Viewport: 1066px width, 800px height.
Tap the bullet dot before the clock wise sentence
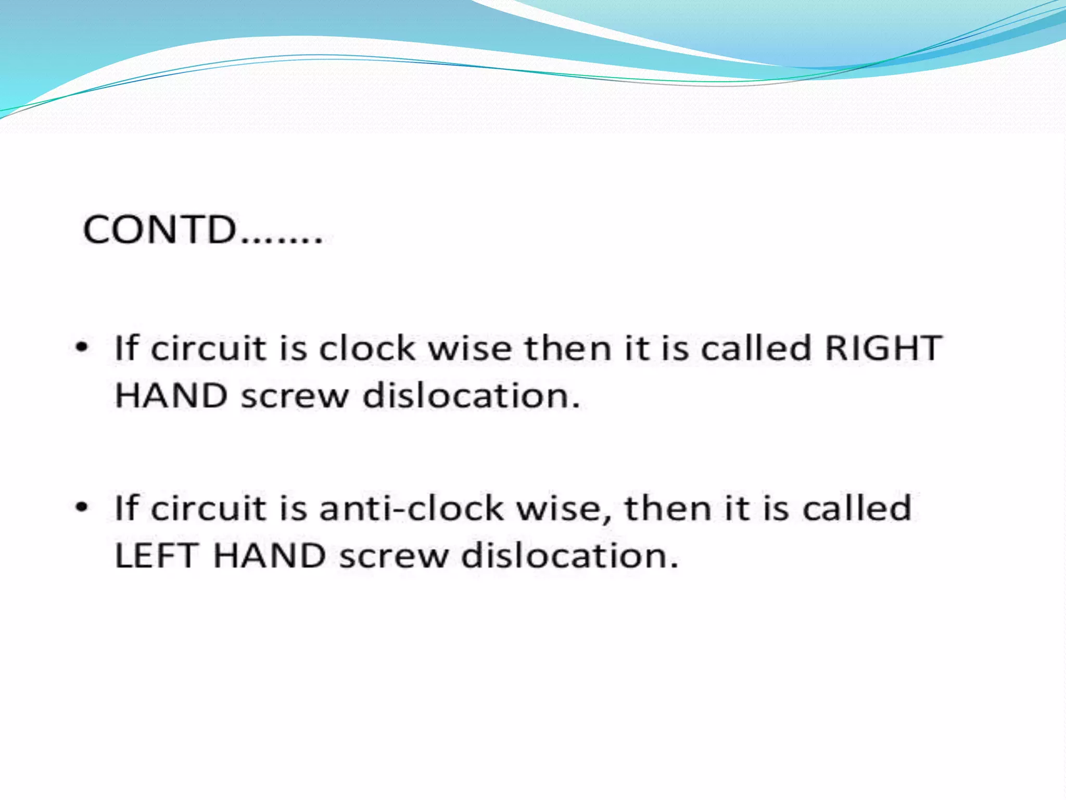click(x=82, y=347)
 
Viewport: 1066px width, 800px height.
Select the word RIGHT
click(x=883, y=347)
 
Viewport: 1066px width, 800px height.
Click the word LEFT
click(x=156, y=555)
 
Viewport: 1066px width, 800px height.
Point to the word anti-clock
click(x=411, y=508)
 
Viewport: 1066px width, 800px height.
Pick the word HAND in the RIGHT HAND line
click(x=171, y=395)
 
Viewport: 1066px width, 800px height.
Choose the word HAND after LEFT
click(x=270, y=555)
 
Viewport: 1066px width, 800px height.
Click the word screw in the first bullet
click(x=295, y=396)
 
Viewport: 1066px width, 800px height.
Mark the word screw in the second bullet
click(x=394, y=556)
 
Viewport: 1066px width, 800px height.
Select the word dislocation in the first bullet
click(x=471, y=395)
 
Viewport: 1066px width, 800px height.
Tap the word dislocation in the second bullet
click(x=569, y=555)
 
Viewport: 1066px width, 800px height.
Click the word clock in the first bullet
click(x=367, y=347)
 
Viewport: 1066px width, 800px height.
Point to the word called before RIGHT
click(x=756, y=347)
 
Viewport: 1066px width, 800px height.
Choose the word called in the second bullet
click(x=857, y=508)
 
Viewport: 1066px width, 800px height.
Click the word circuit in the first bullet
click(x=209, y=347)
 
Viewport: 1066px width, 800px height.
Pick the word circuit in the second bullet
click(x=209, y=508)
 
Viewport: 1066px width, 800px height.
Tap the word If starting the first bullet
click(x=126, y=347)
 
